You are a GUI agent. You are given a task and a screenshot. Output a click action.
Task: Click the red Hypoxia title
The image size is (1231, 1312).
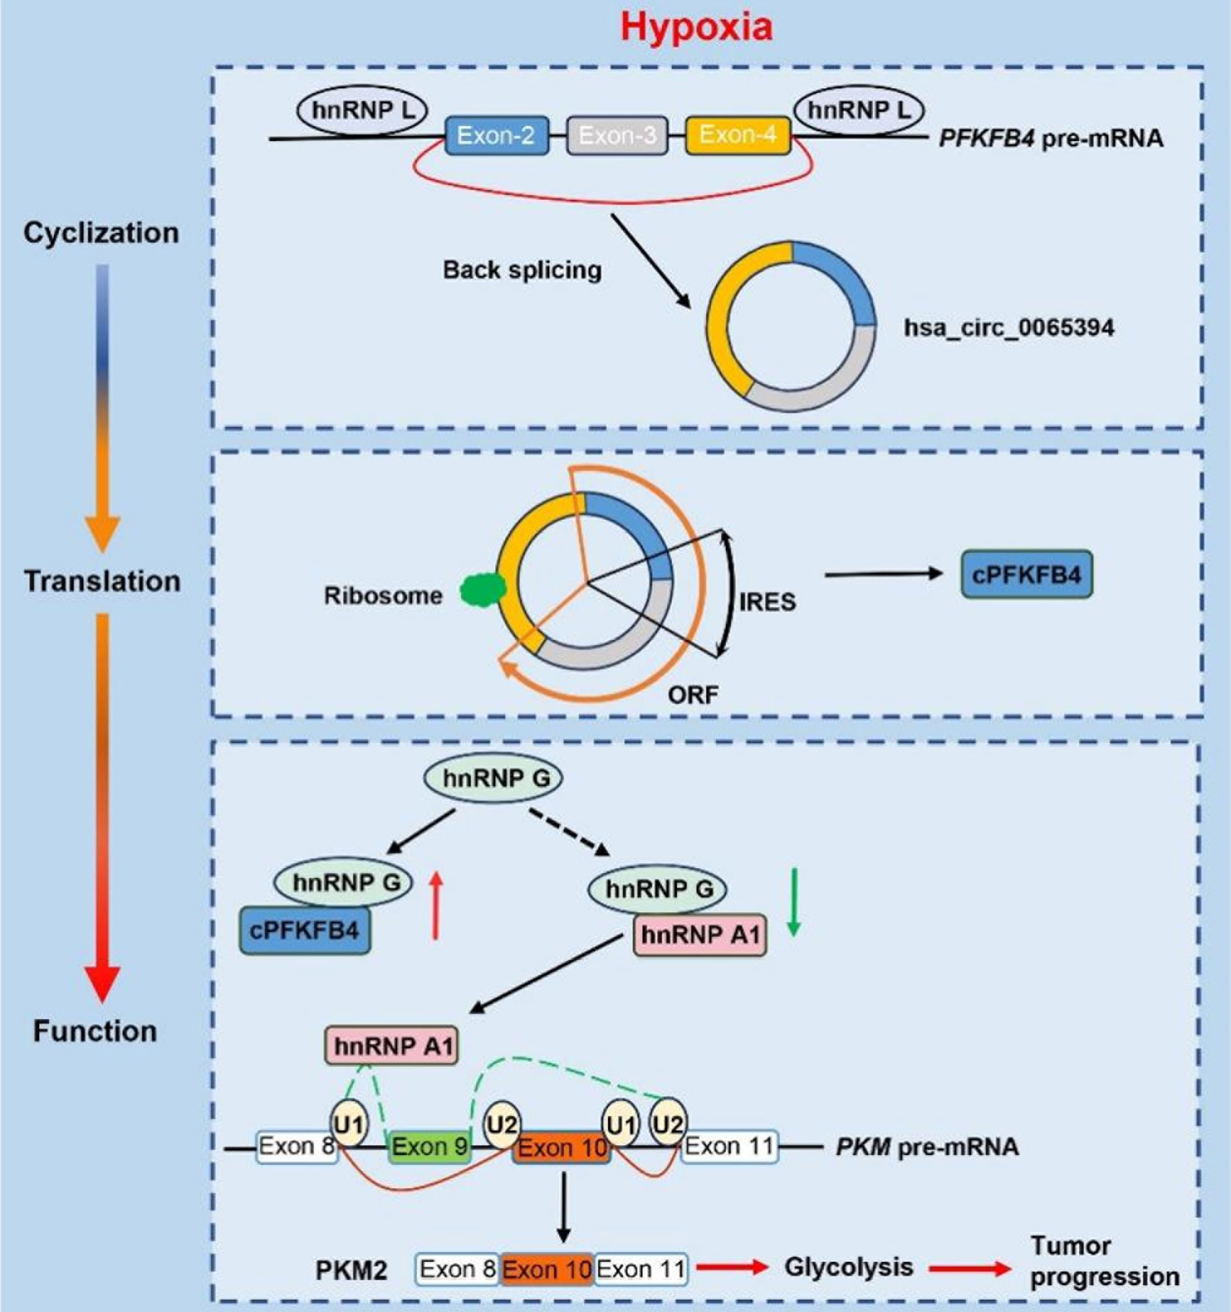[696, 28]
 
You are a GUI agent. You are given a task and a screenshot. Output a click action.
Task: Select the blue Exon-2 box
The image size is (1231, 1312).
[497, 136]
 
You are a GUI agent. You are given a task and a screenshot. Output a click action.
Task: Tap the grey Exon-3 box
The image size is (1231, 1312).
[617, 136]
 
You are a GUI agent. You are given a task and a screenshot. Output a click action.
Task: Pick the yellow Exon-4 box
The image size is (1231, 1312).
[738, 135]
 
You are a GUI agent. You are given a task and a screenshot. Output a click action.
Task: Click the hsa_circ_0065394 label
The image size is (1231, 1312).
[1008, 327]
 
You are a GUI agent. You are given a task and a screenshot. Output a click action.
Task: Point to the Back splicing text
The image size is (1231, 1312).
[522, 270]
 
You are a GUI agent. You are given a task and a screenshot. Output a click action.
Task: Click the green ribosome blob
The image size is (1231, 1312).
[483, 587]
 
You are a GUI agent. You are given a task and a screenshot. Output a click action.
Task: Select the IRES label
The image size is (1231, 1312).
[767, 602]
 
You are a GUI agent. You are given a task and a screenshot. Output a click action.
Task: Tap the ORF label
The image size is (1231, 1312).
[692, 694]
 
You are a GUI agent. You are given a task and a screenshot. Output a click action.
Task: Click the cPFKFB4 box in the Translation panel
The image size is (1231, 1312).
[1026, 575]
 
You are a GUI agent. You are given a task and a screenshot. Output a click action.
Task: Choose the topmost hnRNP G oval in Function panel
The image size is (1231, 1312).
[492, 778]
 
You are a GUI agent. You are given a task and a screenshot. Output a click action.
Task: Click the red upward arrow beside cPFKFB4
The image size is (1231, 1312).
[435, 905]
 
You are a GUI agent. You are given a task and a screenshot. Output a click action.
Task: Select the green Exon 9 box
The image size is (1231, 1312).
[429, 1146]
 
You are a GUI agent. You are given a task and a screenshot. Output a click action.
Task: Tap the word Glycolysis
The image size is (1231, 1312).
[849, 1267]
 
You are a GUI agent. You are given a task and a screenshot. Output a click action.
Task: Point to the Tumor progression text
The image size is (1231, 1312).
[1104, 1261]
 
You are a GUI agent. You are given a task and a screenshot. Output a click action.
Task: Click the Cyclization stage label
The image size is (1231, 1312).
[101, 233]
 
